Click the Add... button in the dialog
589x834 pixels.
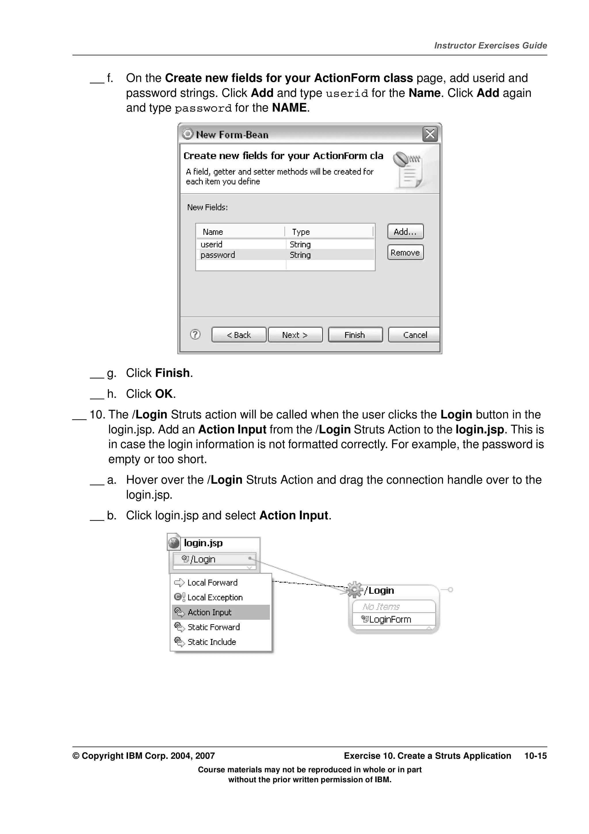[405, 232]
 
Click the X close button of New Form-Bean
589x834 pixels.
[430, 134]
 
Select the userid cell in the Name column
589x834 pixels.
[212, 244]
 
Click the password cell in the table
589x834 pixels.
[218, 255]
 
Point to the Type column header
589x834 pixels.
[301, 232]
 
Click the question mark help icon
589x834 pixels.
[195, 334]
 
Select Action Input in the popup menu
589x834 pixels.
[209, 612]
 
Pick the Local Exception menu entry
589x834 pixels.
[215, 597]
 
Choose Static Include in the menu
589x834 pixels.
[212, 642]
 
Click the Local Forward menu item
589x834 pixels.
[212, 582]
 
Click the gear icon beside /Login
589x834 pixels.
[355, 590]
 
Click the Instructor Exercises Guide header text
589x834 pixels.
[490, 45]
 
